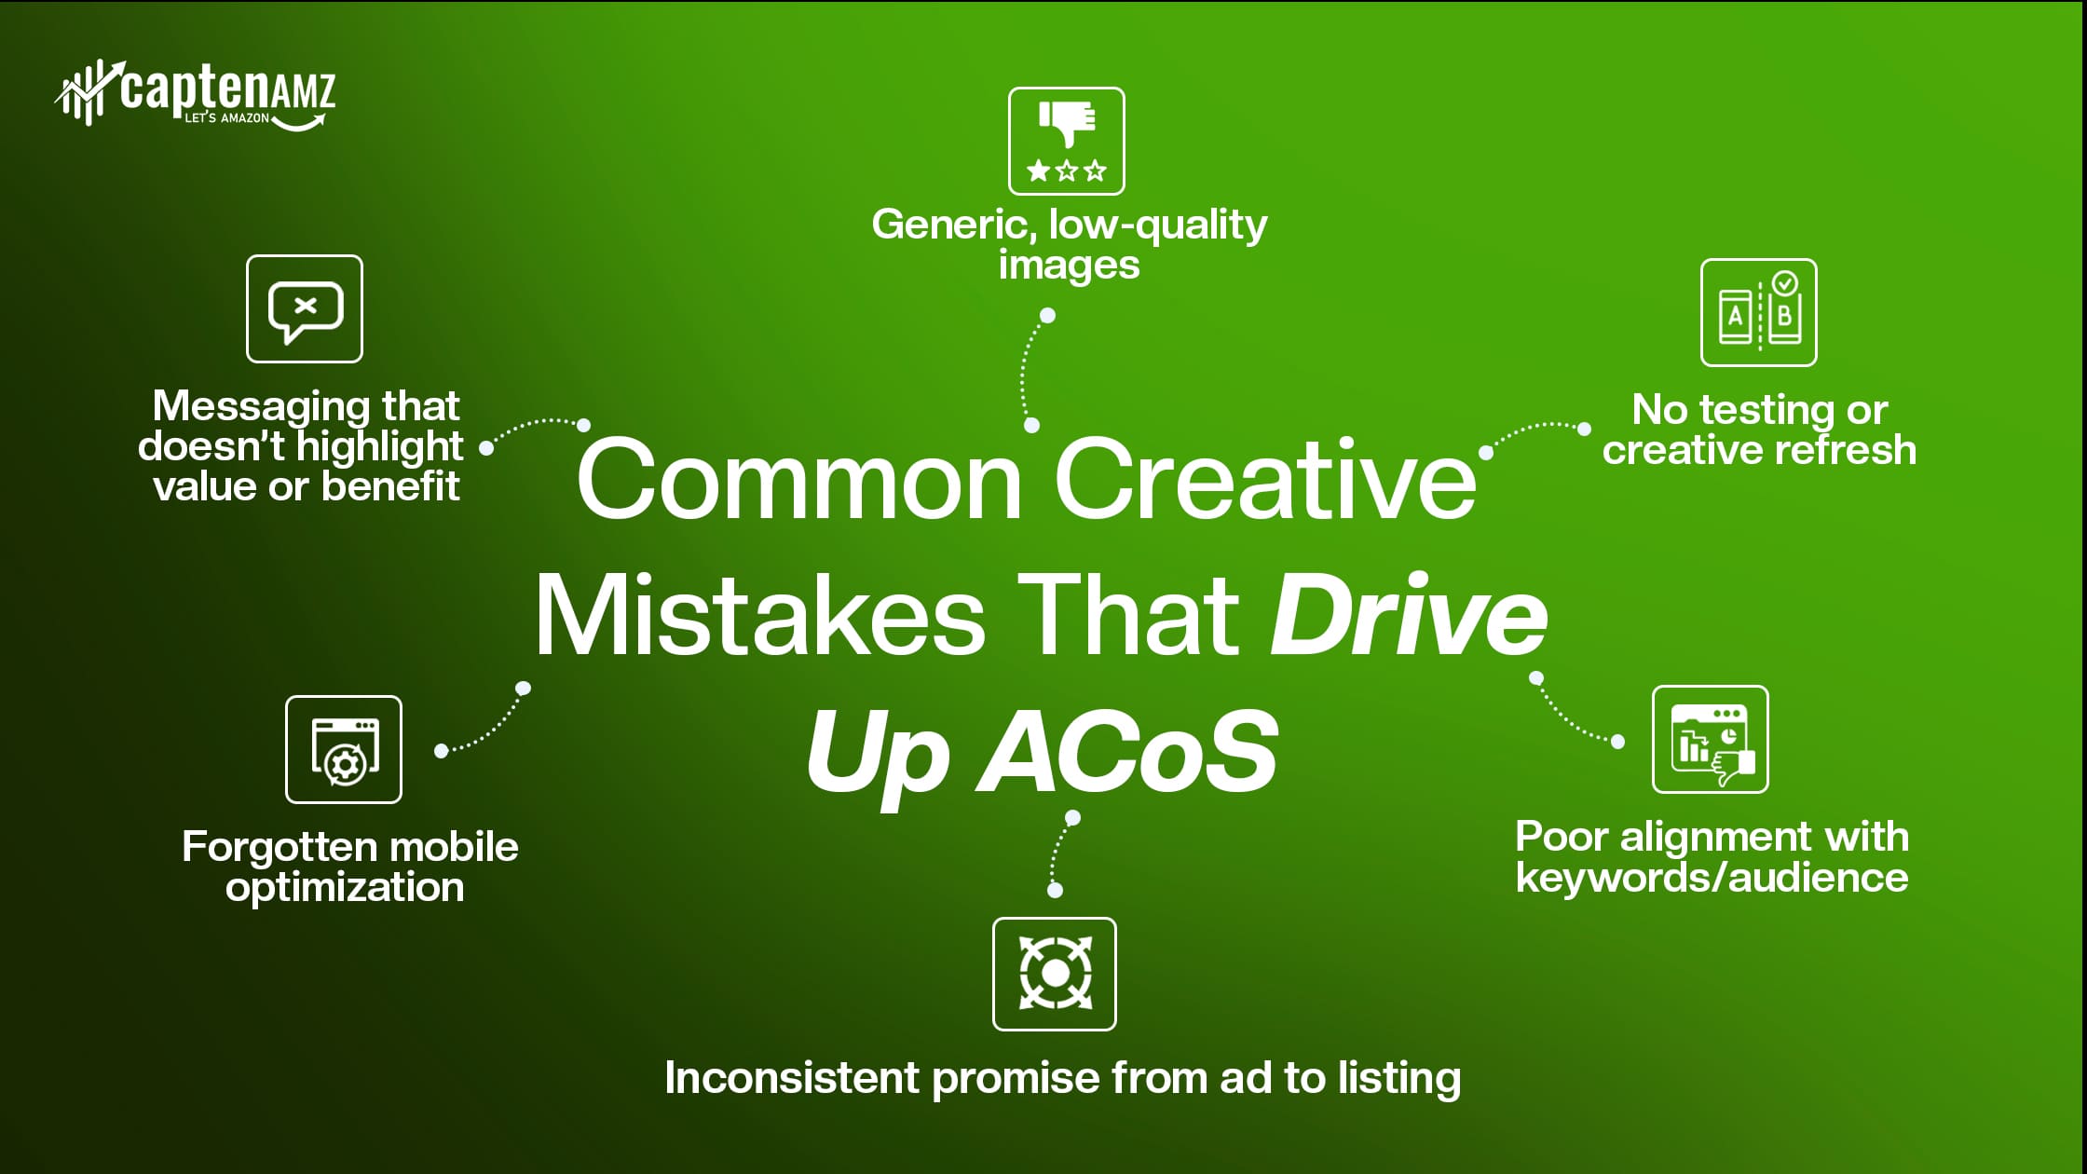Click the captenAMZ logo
[195, 94]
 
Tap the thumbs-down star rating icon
[1066, 141]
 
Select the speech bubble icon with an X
[305, 308]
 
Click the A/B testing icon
[1759, 312]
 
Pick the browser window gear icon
[344, 749]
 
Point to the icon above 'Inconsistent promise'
[1055, 974]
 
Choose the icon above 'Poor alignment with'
[1711, 740]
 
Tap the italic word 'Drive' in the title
[1408, 616]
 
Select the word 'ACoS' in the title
[1126, 751]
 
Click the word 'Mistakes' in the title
[759, 616]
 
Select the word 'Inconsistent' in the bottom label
[792, 1078]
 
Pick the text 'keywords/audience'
[1712, 878]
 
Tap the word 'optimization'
[345, 889]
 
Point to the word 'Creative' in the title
[1264, 481]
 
